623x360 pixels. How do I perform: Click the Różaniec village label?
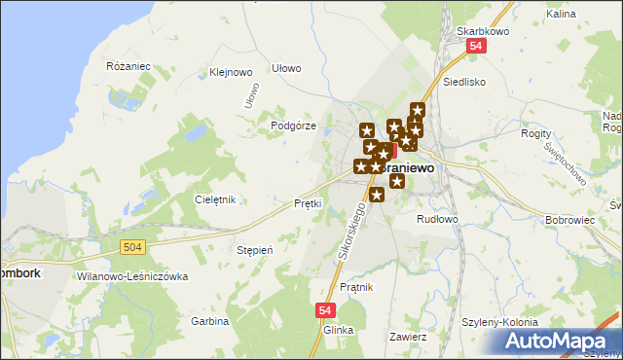[128, 65]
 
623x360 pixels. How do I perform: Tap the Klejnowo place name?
[231, 71]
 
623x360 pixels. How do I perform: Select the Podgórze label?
[293, 126]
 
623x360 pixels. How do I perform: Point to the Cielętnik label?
[215, 199]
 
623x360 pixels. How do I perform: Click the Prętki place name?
[308, 203]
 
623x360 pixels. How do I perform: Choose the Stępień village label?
[255, 250]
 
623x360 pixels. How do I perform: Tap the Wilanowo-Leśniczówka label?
[130, 276]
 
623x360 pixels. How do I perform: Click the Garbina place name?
[209, 320]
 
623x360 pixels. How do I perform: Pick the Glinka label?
[338, 330]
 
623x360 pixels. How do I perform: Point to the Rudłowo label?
[437, 219]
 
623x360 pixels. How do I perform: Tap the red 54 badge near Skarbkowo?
[475, 46]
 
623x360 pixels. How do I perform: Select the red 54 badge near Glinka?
[326, 309]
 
